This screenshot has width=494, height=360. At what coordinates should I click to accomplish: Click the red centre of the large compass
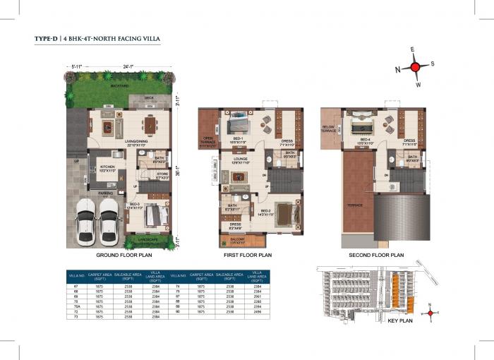click(x=416, y=67)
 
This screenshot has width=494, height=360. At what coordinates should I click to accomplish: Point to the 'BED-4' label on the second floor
click(x=366, y=139)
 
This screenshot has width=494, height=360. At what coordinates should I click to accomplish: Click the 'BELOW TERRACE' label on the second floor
click(x=329, y=128)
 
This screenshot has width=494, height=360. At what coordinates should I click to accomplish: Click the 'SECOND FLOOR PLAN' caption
click(x=376, y=255)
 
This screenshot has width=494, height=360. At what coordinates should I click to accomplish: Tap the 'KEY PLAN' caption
click(x=400, y=320)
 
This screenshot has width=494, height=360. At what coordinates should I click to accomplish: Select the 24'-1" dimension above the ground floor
click(x=125, y=67)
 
